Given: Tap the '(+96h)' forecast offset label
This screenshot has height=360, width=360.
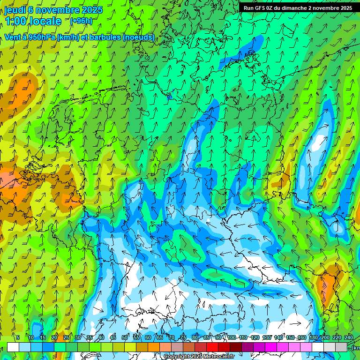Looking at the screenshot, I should [x=81, y=21].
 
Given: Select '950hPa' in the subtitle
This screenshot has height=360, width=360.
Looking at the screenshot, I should [x=41, y=37].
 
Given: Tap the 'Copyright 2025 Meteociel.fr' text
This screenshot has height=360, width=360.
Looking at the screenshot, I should [x=199, y=357].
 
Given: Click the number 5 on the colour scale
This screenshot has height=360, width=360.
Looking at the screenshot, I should [x=18, y=338].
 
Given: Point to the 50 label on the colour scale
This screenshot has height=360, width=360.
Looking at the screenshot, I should [x=125, y=338].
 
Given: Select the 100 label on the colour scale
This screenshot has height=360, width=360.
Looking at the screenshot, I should [x=231, y=338].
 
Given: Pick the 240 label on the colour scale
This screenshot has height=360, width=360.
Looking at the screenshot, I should [x=349, y=338].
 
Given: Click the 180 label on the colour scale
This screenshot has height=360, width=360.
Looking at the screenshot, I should [x=313, y=338].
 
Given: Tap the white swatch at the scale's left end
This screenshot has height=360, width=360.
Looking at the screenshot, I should [x=13, y=347].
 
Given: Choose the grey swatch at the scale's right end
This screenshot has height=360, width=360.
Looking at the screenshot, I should [x=342, y=347].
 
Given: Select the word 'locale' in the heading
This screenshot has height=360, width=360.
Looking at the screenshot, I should [x=45, y=21].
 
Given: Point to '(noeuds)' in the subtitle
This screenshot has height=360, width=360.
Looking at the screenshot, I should [x=138, y=37].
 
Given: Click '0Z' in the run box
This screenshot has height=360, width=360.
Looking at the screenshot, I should [x=270, y=8].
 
